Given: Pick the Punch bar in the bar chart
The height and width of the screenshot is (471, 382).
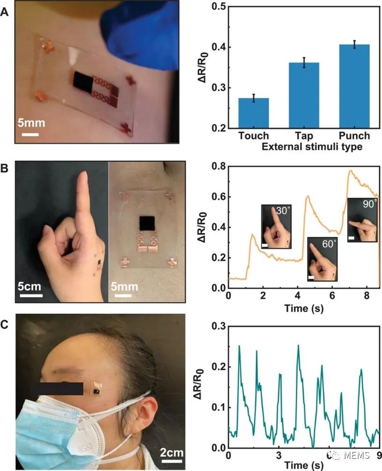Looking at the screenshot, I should pos(354,86).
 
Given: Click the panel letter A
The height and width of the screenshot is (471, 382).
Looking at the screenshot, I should pos(5,13).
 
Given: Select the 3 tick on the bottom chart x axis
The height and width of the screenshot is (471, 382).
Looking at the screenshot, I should pos(278,456).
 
